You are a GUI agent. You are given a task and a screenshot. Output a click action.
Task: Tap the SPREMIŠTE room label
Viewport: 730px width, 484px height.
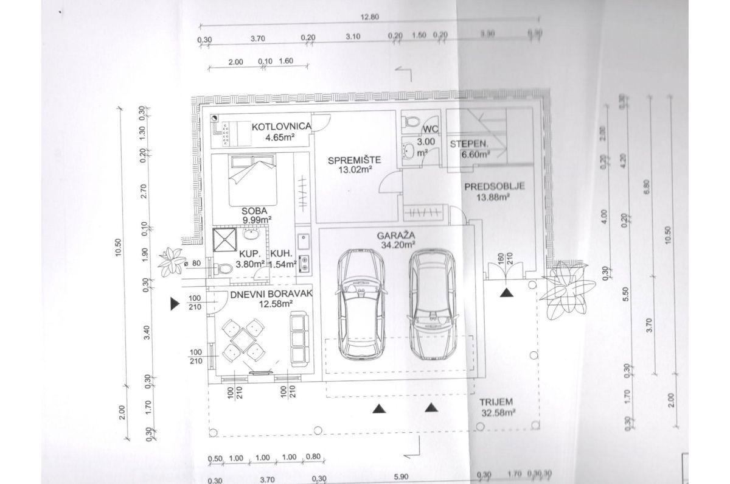354,161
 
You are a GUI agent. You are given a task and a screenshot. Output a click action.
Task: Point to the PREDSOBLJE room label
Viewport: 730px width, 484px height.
493,187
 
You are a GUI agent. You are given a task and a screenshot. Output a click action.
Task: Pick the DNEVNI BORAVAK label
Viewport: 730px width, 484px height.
262,295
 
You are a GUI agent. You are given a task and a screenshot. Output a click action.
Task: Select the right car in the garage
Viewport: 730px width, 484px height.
433,304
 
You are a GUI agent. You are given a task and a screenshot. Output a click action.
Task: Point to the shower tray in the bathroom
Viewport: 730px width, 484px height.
224,239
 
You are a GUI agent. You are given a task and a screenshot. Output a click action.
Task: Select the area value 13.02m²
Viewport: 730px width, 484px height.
354,170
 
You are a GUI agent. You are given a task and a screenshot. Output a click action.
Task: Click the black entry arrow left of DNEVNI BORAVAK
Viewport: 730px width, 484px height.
175,303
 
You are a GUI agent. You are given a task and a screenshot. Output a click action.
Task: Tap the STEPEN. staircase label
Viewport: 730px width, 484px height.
468,144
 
